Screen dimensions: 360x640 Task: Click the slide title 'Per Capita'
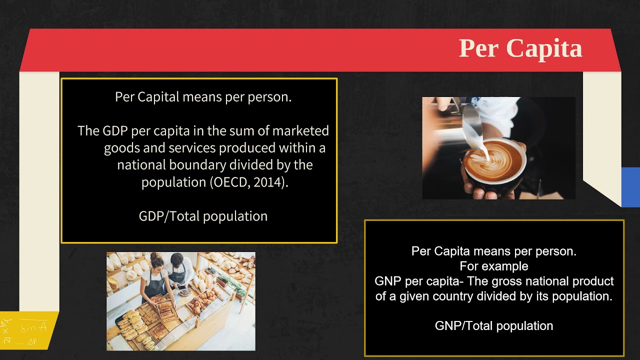point(520,48)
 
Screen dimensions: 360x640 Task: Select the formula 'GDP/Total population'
point(203,216)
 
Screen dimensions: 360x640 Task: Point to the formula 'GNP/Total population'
point(494,326)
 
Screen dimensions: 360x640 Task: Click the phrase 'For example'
point(494,266)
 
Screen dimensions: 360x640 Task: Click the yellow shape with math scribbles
point(28,329)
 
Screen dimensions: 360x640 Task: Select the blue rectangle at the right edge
point(630,187)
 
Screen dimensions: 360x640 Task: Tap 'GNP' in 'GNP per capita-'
point(388,281)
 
